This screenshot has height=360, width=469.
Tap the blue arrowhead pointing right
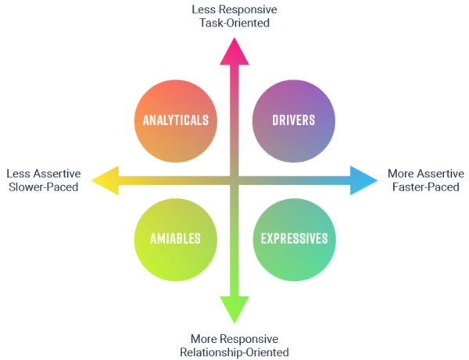click(362, 180)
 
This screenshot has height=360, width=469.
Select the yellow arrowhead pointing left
click(105, 180)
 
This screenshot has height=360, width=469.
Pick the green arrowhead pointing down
click(233, 309)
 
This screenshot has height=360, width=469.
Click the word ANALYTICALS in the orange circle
click(175, 120)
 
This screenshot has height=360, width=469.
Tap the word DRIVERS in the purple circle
click(294, 120)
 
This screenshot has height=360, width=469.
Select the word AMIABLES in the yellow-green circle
click(175, 238)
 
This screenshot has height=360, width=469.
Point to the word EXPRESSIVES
click(294, 238)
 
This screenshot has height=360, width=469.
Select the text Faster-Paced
click(426, 187)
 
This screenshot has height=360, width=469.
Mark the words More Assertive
click(426, 173)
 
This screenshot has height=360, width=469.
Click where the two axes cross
click(233, 180)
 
